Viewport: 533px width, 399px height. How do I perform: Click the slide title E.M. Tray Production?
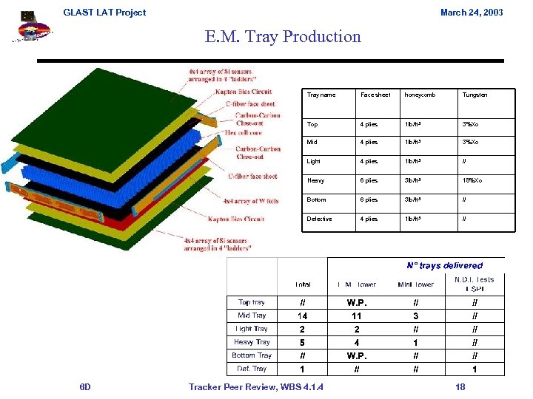[x=284, y=36]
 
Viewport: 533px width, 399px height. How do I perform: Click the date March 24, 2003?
[x=471, y=12]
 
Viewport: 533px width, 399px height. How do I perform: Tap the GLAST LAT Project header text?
[x=104, y=12]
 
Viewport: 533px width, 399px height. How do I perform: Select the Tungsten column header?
[x=475, y=95]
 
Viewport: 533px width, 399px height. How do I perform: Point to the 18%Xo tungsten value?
[x=472, y=180]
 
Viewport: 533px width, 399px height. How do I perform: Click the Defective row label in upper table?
[x=319, y=219]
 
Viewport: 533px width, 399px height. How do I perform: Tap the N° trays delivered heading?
[x=444, y=265]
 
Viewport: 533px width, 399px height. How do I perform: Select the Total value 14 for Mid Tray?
[x=302, y=316]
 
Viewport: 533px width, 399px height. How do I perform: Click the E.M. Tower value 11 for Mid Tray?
[x=356, y=316]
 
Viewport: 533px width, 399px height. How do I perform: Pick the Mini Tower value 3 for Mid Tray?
[x=415, y=316]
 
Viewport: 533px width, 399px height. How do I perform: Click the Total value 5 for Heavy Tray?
[x=302, y=342]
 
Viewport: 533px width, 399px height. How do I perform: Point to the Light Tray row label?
[x=252, y=329]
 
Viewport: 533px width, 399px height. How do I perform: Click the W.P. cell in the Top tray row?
[x=356, y=302]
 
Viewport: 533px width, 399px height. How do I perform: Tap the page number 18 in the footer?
[x=460, y=386]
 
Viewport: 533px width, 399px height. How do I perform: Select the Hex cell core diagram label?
[x=244, y=133]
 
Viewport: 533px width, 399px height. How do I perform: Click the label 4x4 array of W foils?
[x=250, y=200]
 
